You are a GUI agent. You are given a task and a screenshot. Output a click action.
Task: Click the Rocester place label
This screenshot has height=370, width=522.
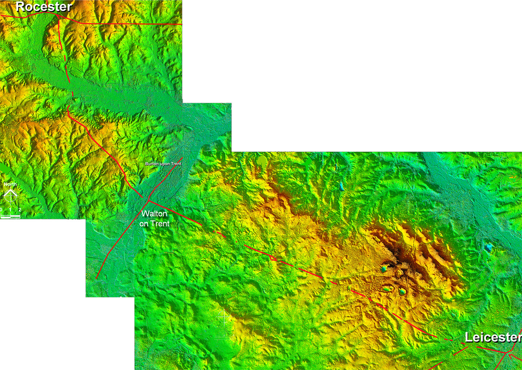[44, 7]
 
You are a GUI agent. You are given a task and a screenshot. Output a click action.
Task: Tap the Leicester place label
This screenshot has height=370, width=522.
[493, 337]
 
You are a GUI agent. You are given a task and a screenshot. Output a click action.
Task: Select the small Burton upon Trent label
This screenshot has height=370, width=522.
[163, 164]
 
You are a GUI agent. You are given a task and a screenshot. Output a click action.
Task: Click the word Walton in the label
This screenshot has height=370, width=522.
[154, 214]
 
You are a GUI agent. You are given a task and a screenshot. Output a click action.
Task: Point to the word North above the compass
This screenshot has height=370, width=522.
[10, 184]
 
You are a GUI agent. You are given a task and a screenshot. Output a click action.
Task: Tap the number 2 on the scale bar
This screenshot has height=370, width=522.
[20, 210]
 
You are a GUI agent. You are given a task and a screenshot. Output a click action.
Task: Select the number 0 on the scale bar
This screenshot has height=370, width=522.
[1, 210]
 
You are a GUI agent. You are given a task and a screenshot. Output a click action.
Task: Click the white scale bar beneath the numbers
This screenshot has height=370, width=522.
[10, 217]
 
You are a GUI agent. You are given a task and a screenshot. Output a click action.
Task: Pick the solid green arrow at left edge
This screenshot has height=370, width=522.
[4, 169]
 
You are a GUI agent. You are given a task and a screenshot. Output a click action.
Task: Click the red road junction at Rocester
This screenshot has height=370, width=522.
[59, 16]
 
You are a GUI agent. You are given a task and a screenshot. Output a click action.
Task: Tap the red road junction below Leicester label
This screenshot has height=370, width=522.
[507, 352]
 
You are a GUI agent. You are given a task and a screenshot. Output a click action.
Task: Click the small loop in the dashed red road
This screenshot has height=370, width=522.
[273, 258]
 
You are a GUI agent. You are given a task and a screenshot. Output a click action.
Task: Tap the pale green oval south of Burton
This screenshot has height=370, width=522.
[262, 160]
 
